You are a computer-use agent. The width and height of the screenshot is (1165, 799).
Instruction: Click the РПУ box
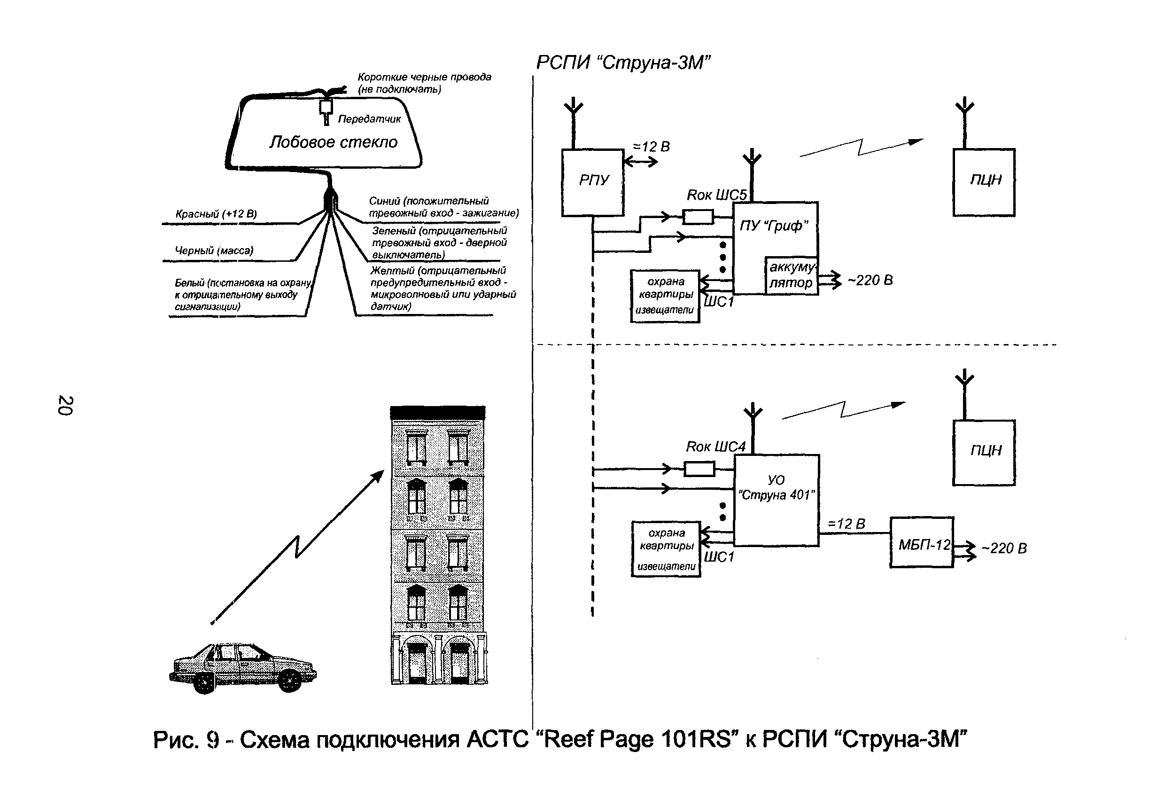point(592,182)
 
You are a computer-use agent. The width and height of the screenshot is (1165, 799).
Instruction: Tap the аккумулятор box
point(791,275)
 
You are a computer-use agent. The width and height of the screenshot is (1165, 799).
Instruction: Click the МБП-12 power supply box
point(921,543)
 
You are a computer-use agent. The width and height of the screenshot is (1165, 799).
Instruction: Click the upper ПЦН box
point(984,182)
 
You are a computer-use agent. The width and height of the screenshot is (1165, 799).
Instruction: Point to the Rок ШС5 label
point(716,195)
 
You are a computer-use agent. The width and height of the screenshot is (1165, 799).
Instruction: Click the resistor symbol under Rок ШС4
point(699,470)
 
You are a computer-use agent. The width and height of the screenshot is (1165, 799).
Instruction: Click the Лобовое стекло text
point(334,142)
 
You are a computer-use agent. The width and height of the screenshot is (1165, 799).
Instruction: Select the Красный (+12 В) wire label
point(216,214)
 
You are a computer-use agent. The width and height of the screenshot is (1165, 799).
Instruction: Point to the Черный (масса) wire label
point(214,251)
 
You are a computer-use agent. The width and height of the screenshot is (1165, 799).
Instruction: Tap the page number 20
point(66,405)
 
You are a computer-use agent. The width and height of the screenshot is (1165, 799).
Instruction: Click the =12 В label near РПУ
point(651,147)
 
